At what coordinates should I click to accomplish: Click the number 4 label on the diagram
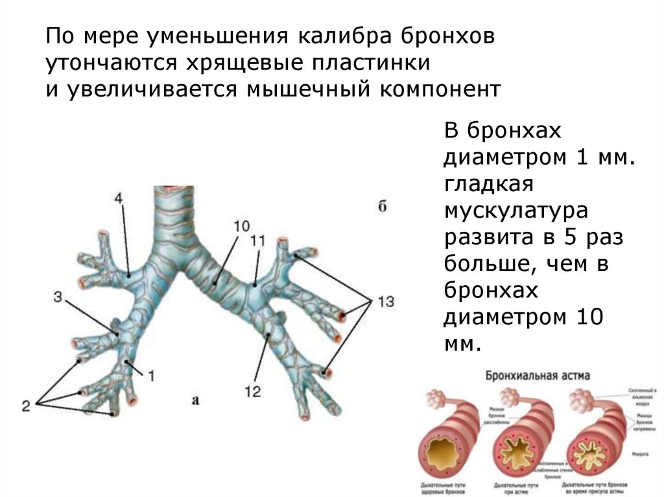pyautogui.click(x=119, y=199)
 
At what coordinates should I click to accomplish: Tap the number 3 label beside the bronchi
pyautogui.click(x=58, y=297)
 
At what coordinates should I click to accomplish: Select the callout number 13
pyautogui.click(x=386, y=302)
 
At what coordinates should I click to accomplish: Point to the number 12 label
pyautogui.click(x=253, y=391)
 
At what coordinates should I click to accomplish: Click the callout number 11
pyautogui.click(x=258, y=240)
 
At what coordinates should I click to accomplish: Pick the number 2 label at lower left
pyautogui.click(x=26, y=406)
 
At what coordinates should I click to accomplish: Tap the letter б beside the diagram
pyautogui.click(x=383, y=207)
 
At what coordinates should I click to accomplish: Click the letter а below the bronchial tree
pyautogui.click(x=195, y=400)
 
